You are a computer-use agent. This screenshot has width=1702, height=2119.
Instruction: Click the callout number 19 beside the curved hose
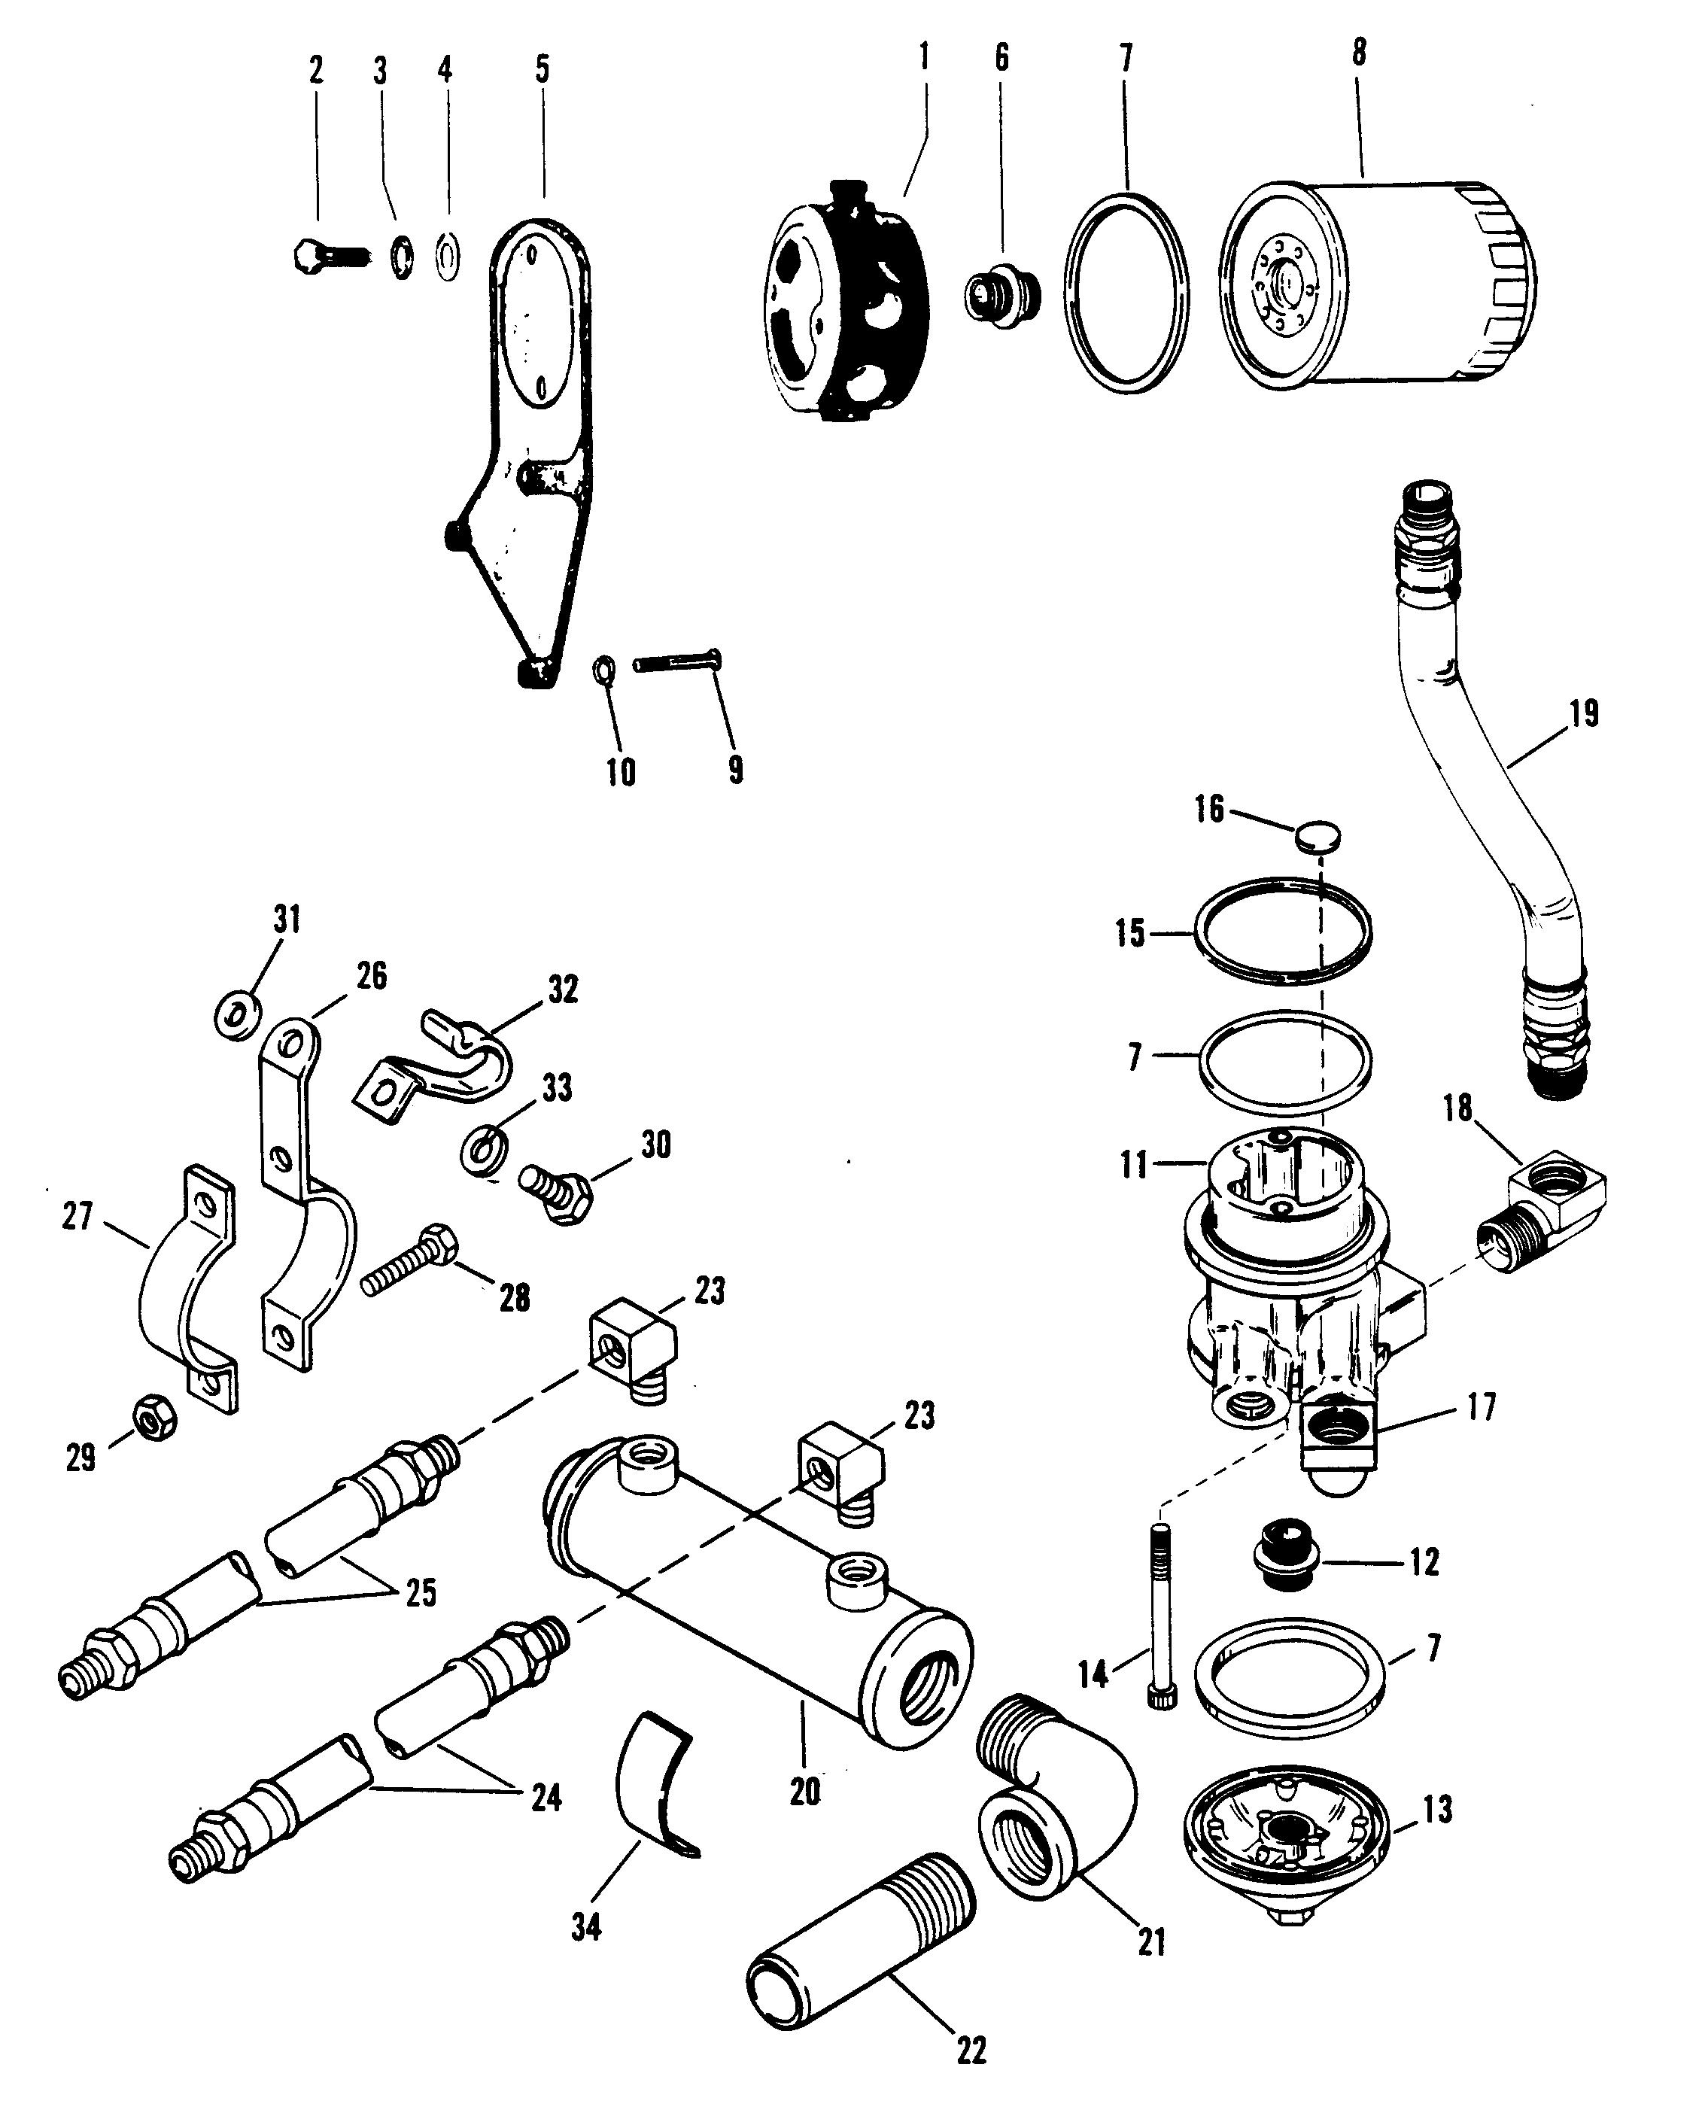point(1583,713)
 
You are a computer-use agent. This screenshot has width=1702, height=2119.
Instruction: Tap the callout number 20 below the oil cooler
point(805,1792)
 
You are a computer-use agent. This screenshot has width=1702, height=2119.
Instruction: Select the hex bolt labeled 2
point(327,257)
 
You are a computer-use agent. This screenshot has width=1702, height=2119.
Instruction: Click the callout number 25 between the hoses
point(421,1592)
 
